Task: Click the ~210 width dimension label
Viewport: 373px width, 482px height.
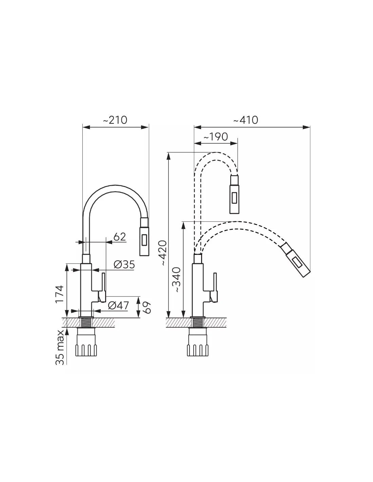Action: tap(115, 120)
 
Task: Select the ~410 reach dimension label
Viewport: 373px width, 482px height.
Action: tap(246, 120)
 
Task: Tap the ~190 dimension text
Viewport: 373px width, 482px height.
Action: tap(215, 137)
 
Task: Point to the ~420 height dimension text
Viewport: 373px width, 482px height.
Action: tap(163, 253)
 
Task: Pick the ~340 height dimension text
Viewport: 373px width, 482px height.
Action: tap(177, 280)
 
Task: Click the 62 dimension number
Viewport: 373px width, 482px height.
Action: tap(119, 237)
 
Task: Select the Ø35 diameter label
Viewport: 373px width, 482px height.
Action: tap(124, 264)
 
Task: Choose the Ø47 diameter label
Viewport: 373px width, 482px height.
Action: tap(118, 306)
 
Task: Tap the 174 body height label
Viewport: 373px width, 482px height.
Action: tap(59, 294)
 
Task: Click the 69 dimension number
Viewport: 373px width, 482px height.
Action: tap(147, 307)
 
